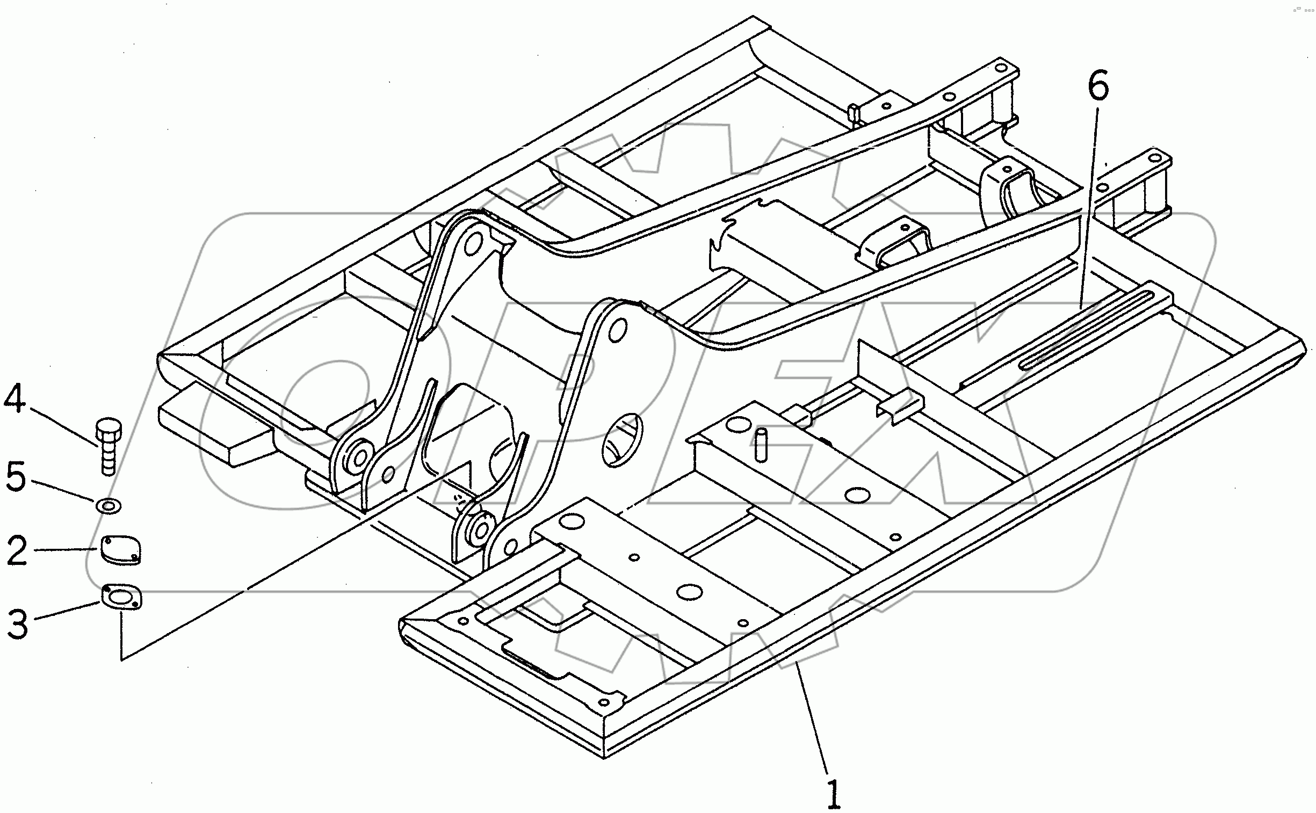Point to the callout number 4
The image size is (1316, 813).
point(15,398)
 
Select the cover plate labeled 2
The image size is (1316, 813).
point(120,549)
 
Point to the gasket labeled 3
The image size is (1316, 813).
point(121,597)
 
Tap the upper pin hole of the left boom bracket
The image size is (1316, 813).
point(473,245)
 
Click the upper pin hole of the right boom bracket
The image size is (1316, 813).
point(617,329)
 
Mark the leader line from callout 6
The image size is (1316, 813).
point(1087,205)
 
